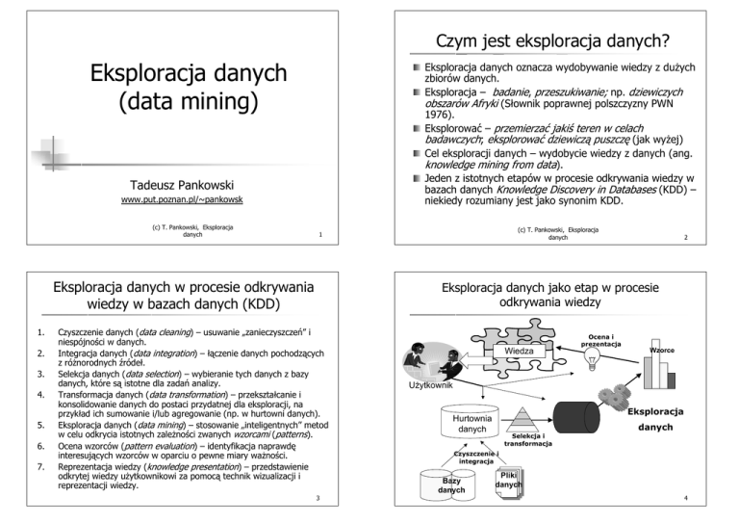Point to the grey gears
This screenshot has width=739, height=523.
[x=664, y=393]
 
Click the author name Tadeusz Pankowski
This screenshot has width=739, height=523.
[x=188, y=182]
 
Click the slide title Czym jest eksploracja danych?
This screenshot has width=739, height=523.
[x=553, y=42]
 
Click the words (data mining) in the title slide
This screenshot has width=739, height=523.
[x=189, y=101]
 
